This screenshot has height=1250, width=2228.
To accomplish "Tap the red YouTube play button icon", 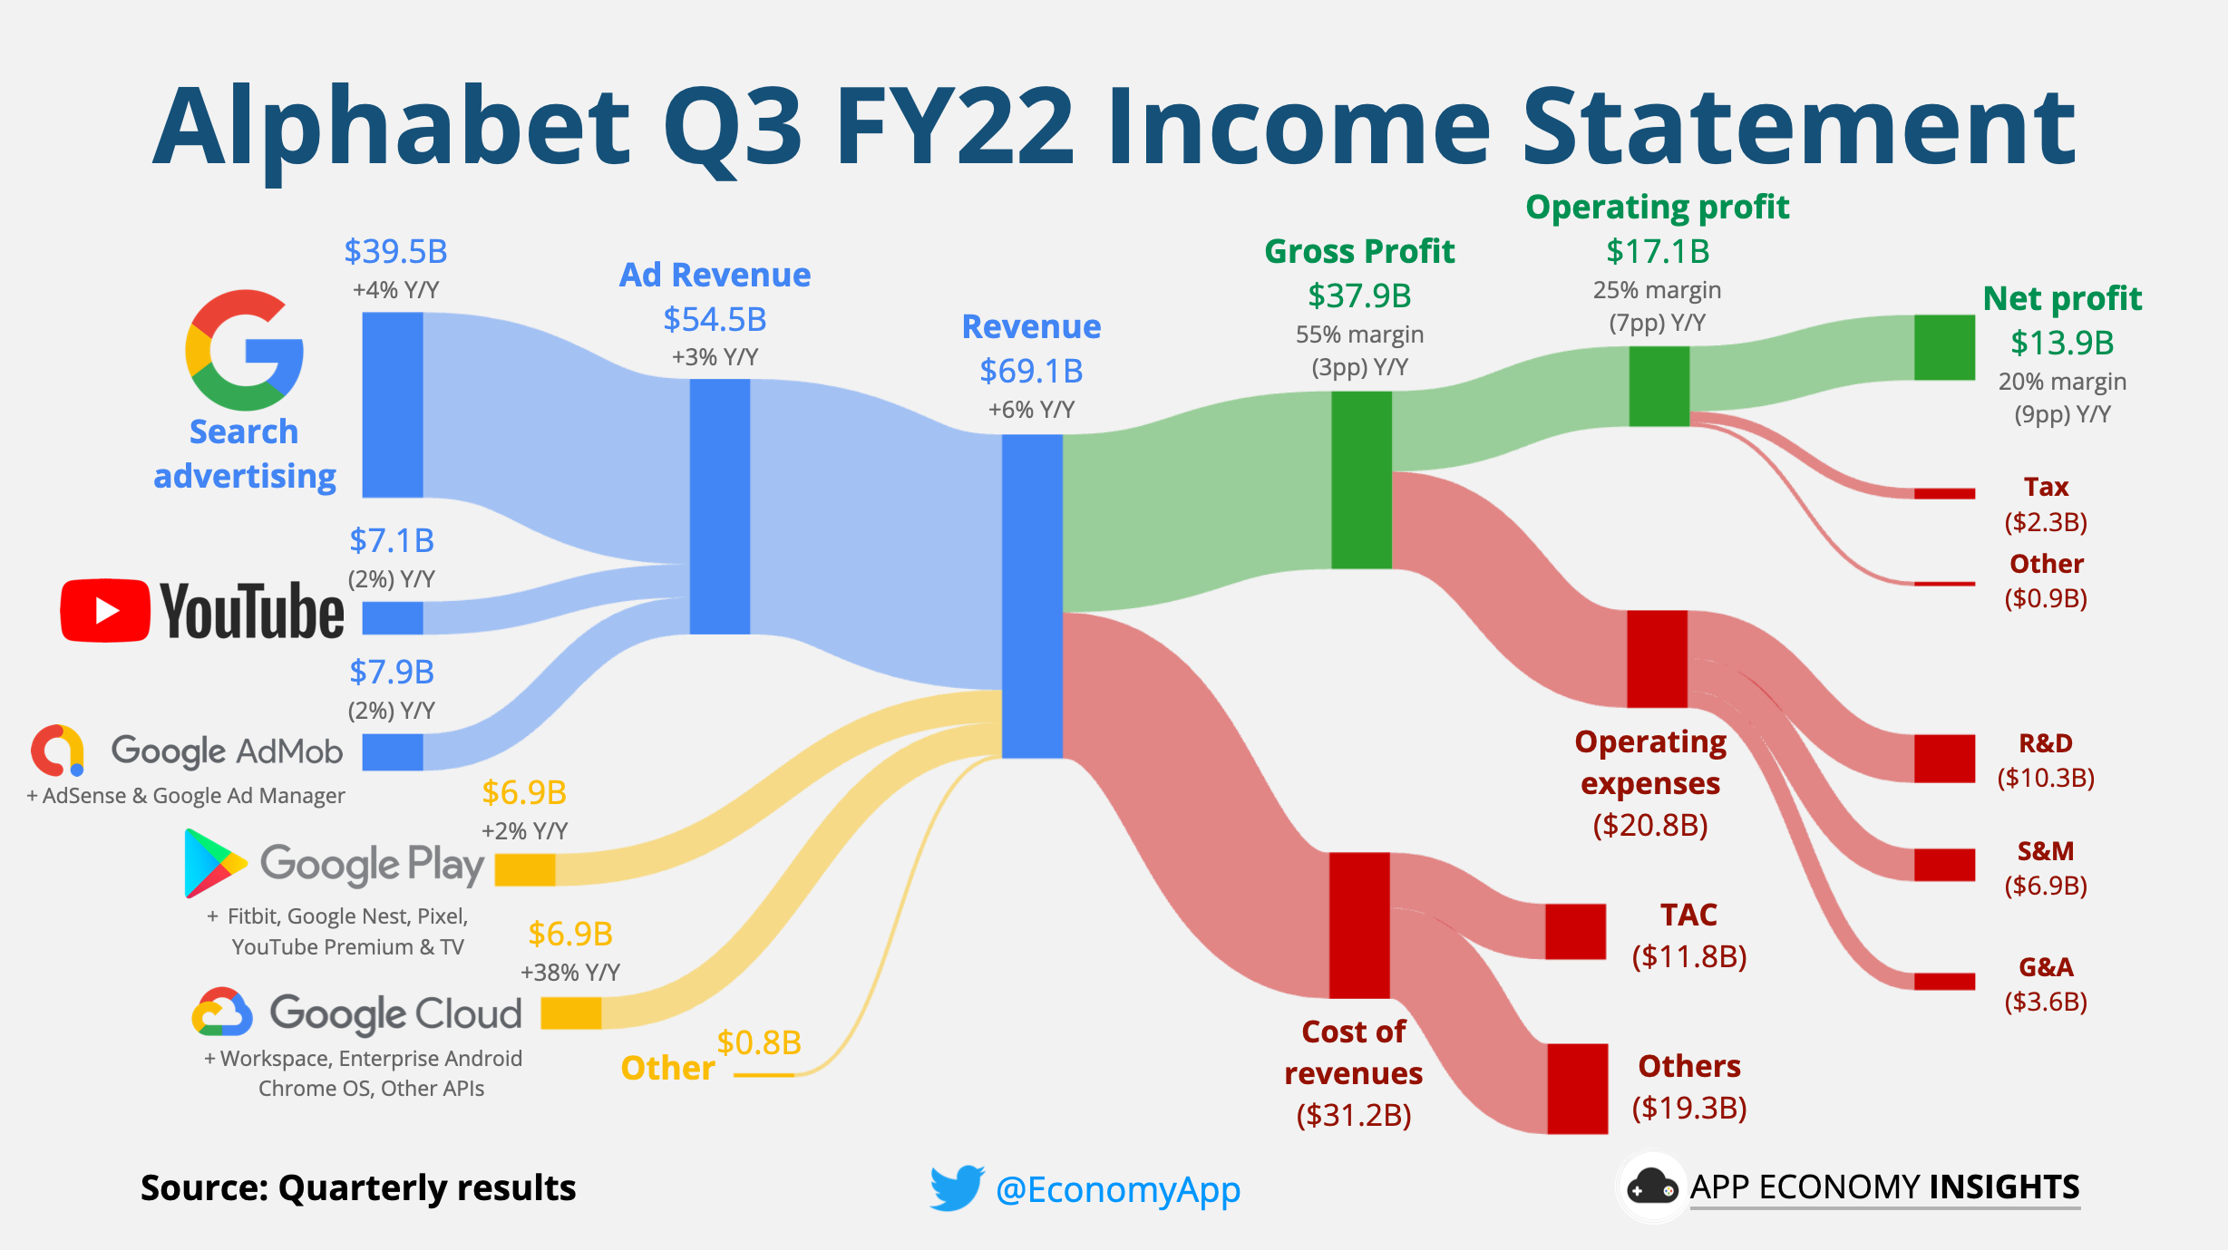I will coord(104,611).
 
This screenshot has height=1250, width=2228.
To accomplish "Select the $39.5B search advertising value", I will coord(395,251).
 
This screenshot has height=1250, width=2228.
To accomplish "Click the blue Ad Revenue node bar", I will coord(719,506).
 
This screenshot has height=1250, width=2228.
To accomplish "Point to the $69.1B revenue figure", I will coord(1031,371).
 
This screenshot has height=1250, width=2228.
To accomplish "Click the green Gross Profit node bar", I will coord(1360,480).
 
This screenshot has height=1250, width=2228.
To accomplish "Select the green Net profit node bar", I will coord(1944,347).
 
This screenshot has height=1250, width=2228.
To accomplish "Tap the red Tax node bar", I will coord(1944,493).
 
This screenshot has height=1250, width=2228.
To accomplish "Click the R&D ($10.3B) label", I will coord(2046,760).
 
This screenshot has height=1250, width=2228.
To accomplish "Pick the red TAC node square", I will coord(1575,931).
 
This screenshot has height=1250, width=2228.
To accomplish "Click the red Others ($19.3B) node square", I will coord(1577,1088).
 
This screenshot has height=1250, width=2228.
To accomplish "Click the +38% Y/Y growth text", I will coord(569,973).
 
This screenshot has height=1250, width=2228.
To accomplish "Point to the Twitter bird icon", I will coord(956,1187).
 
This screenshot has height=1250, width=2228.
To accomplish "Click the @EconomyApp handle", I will coord(1117,1189).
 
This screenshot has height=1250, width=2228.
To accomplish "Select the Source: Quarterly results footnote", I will coord(358,1187).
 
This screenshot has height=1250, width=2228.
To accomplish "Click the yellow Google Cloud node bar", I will coord(570,1013).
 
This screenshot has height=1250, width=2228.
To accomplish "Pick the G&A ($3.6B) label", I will coord(2046,984).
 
